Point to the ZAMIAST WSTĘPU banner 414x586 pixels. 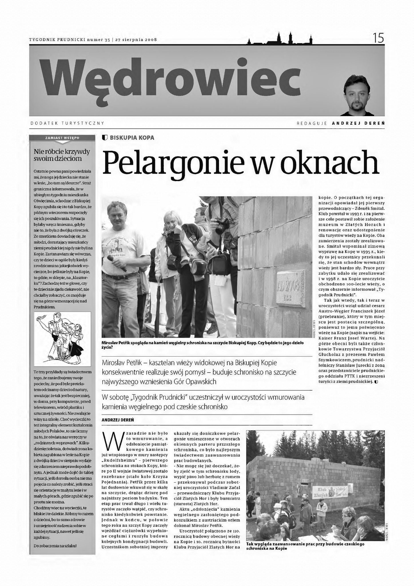click(62, 138)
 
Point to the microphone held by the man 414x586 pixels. click(116, 262)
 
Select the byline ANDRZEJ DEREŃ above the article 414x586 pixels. click(118, 420)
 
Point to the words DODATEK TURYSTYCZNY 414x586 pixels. click(67, 123)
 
